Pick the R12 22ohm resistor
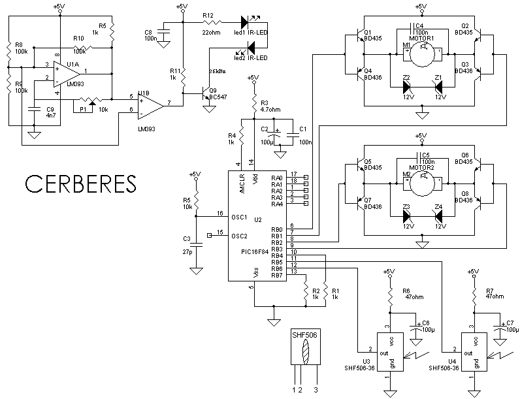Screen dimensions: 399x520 (x=211, y=23)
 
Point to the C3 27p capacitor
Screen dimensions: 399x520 (x=201, y=245)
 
